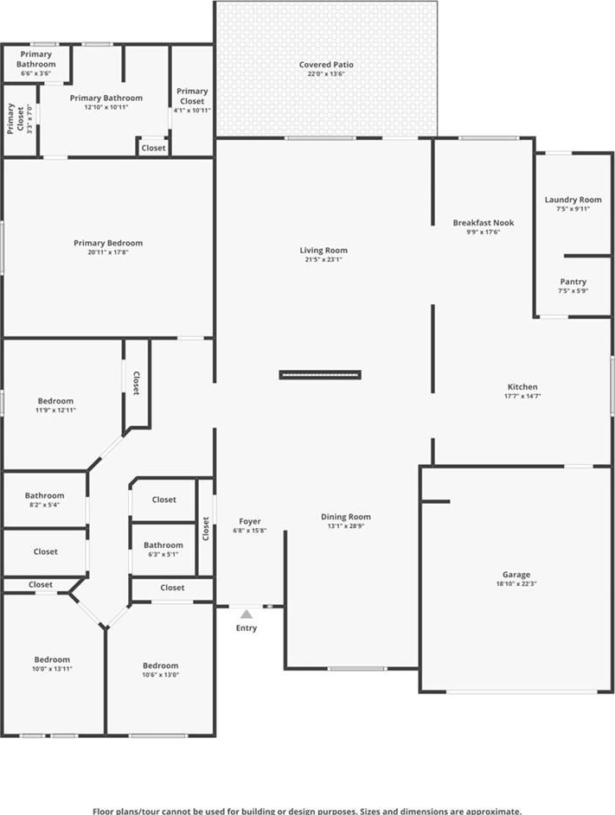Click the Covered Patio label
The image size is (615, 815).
click(x=326, y=65)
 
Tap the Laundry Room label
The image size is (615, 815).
click(x=573, y=200)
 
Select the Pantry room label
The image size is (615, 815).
click(x=573, y=282)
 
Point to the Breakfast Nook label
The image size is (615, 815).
click(x=484, y=222)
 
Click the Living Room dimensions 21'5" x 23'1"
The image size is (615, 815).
click(x=324, y=259)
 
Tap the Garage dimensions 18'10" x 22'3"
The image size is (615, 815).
click(x=516, y=583)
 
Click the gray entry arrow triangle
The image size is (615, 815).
click(x=247, y=614)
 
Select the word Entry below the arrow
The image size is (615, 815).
click(x=247, y=627)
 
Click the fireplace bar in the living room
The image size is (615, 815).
click(x=320, y=375)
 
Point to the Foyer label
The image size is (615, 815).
click(x=250, y=521)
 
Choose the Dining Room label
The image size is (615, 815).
click(x=345, y=517)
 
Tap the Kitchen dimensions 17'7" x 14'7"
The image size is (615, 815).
click(x=522, y=396)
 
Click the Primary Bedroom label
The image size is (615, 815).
click(x=108, y=243)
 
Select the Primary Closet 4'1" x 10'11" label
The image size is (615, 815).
click(x=192, y=100)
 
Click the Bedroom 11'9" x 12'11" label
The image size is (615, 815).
click(x=55, y=404)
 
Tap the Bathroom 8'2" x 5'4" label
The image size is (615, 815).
click(x=45, y=500)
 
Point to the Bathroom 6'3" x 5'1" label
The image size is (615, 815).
click(x=163, y=549)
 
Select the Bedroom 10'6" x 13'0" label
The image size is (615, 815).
click(x=160, y=670)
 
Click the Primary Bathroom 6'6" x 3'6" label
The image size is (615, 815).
click(x=36, y=63)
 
